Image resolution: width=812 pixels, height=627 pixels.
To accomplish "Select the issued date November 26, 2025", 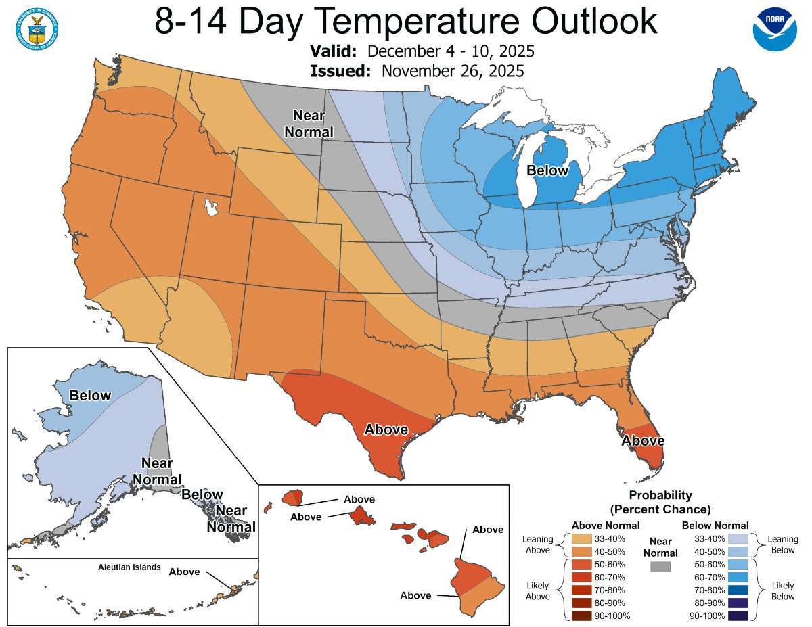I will click(x=453, y=71).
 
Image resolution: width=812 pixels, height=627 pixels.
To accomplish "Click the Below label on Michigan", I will click(x=547, y=170).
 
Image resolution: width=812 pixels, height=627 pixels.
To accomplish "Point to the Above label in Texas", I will click(x=386, y=429).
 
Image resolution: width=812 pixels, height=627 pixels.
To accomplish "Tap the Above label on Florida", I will click(x=643, y=441).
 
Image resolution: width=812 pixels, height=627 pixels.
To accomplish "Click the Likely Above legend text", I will click(x=539, y=590).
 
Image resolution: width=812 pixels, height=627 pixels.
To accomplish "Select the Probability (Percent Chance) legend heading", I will click(x=660, y=502).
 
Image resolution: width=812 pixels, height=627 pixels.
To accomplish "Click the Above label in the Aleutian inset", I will click(x=184, y=572).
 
